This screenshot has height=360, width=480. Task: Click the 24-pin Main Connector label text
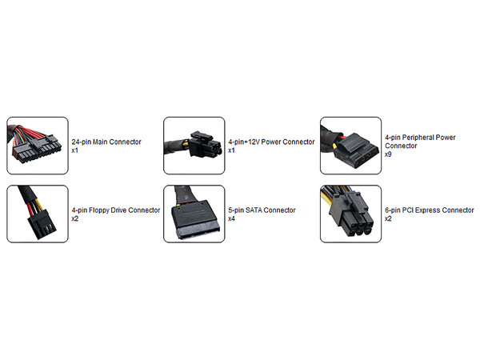click(x=106, y=142)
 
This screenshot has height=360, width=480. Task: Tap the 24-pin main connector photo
click(x=38, y=146)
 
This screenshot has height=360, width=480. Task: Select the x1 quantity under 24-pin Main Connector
click(x=75, y=150)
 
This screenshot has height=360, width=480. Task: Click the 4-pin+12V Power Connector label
click(x=271, y=142)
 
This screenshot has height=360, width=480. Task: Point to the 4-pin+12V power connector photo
click(x=194, y=146)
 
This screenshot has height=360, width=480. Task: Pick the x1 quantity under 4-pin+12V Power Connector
click(x=232, y=150)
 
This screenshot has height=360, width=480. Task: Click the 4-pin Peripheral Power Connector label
click(x=420, y=142)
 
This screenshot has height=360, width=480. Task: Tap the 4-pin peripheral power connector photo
click(x=351, y=146)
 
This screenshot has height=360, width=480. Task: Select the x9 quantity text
click(x=388, y=154)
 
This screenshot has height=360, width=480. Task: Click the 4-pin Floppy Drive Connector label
click(x=116, y=210)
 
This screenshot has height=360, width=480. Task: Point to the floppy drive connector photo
click(x=38, y=214)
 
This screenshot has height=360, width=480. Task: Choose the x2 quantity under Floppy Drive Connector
click(x=75, y=218)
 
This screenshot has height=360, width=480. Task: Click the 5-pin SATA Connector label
click(x=262, y=210)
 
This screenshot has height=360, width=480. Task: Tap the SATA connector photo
click(x=194, y=214)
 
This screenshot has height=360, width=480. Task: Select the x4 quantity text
click(x=232, y=218)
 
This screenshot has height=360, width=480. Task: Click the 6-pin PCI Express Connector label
click(x=429, y=210)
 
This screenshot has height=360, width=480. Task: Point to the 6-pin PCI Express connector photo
click(x=351, y=214)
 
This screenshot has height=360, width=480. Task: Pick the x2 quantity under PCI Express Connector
click(x=388, y=218)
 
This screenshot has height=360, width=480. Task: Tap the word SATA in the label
click(x=254, y=210)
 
